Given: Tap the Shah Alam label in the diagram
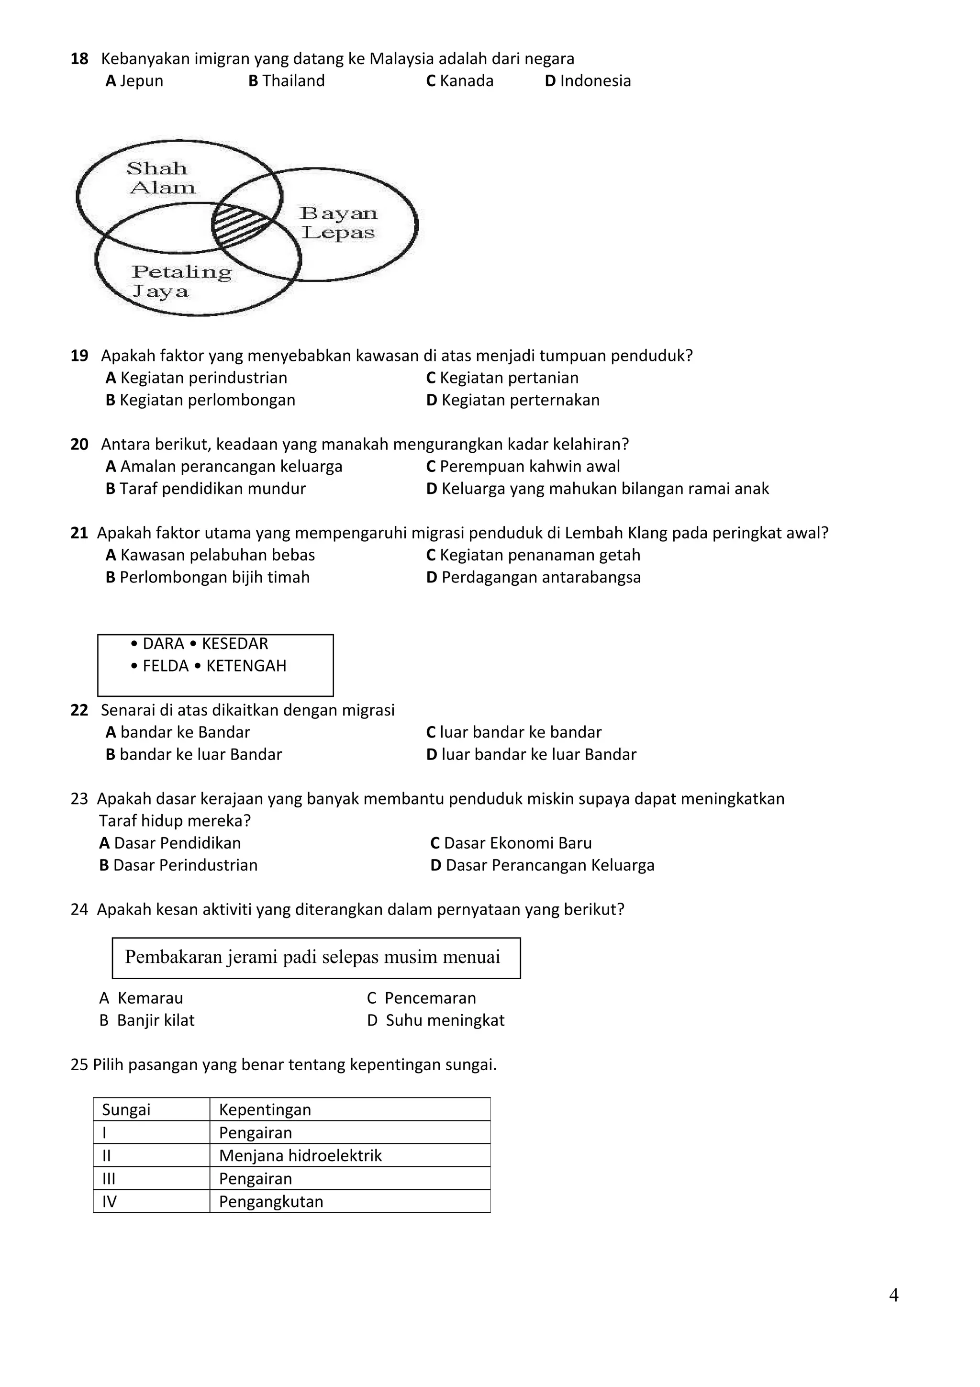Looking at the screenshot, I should click(161, 178).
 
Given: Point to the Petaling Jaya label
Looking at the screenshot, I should click(181, 281).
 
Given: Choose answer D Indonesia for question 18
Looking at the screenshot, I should click(588, 81).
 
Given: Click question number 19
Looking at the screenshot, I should click(79, 356).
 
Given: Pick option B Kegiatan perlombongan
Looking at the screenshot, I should click(200, 400).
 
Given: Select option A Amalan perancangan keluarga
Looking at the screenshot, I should click(224, 466).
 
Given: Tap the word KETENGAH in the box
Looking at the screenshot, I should click(246, 666).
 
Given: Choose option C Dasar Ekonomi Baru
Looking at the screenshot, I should click(511, 843).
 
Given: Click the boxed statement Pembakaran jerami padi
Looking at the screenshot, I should click(313, 957).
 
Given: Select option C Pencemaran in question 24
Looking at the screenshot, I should click(422, 998).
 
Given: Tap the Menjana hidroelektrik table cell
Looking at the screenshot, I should click(301, 1156).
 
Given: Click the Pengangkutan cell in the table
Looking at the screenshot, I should click(271, 1202).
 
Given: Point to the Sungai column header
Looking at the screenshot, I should click(126, 1110).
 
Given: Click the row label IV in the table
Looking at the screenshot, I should click(109, 1202).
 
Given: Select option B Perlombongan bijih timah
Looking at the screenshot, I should click(208, 578).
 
